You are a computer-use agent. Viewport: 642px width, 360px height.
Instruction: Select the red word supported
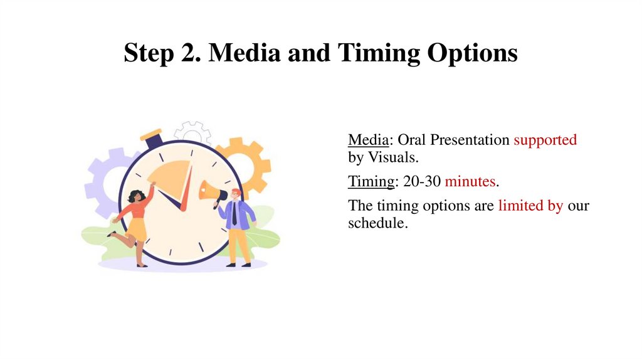coord(545,140)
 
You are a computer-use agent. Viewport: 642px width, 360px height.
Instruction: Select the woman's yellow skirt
coord(137,230)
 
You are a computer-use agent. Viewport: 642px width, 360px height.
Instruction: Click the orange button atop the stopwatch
coord(151,134)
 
